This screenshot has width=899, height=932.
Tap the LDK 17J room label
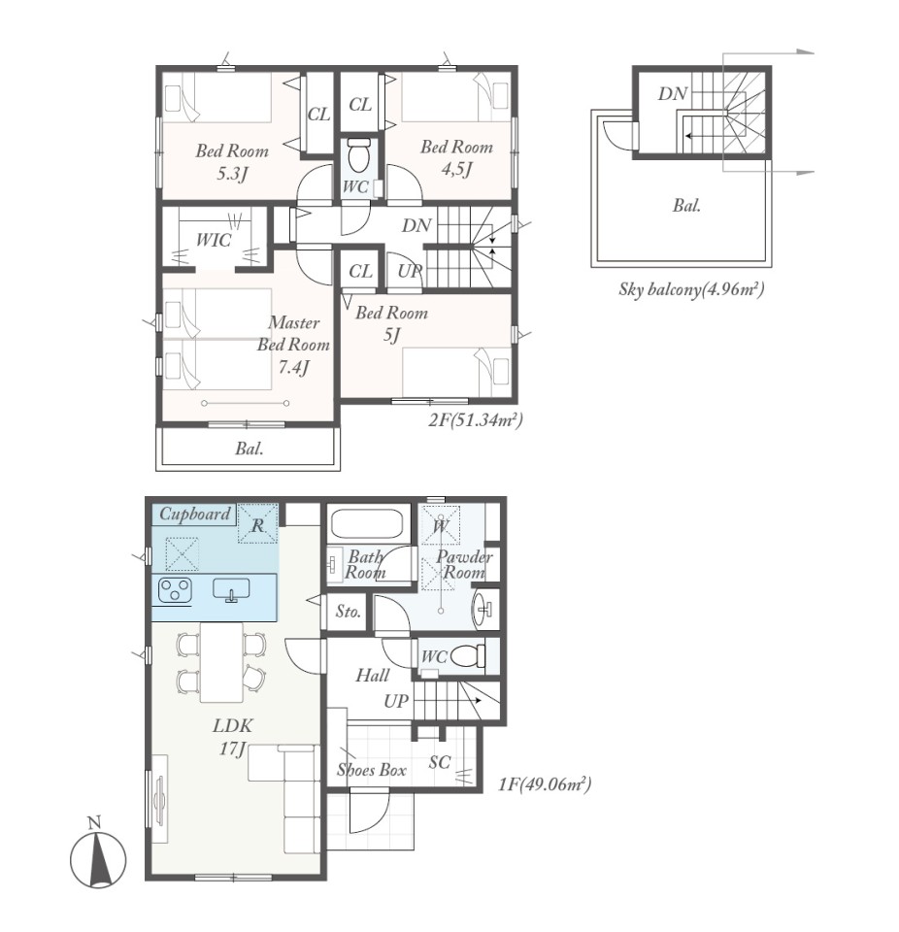pyautogui.click(x=232, y=737)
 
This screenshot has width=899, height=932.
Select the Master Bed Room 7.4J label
pyautogui.click(x=294, y=345)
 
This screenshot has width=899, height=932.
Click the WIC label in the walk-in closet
pyautogui.click(x=214, y=240)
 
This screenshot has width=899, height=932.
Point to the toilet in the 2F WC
pyautogui.click(x=358, y=154)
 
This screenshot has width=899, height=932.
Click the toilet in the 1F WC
pyautogui.click(x=468, y=656)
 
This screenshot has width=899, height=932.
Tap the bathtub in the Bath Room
pyautogui.click(x=367, y=523)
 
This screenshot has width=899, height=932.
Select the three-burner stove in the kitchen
pyautogui.click(x=176, y=589)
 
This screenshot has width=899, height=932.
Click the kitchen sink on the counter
pyautogui.click(x=231, y=589)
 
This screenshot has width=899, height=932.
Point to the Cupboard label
pyautogui.click(x=195, y=515)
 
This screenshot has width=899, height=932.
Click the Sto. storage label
pyautogui.click(x=348, y=611)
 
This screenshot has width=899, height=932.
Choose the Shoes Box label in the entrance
pyautogui.click(x=372, y=770)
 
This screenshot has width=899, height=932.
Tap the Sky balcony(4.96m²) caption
pyautogui.click(x=691, y=289)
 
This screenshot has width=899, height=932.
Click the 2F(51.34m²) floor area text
pyautogui.click(x=476, y=420)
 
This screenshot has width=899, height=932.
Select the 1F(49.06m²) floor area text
pyautogui.click(x=545, y=784)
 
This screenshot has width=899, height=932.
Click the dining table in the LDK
pyautogui.click(x=221, y=662)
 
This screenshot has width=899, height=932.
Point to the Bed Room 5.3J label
pyautogui.click(x=232, y=162)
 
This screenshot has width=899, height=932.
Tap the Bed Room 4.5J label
pyautogui.click(x=456, y=158)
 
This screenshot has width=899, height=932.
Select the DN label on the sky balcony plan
pyautogui.click(x=673, y=93)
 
